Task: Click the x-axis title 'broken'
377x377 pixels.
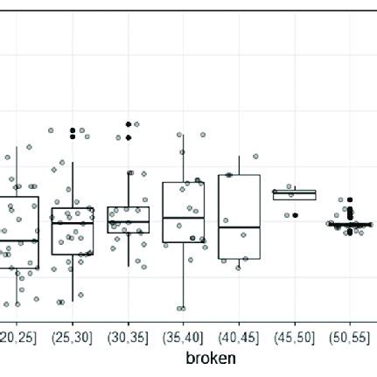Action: pos(210,358)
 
